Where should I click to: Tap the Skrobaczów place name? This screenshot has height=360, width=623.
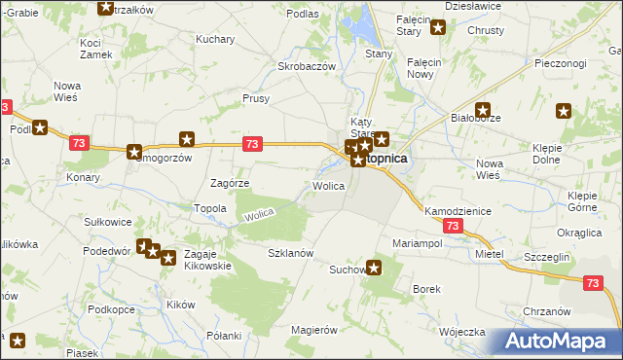pyautogui.click(x=307, y=66)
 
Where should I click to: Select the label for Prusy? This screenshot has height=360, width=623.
pyautogui.click(x=255, y=98)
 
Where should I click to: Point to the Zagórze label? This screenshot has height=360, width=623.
pyautogui.click(x=231, y=183)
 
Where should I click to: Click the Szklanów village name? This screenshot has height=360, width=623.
pyautogui.click(x=290, y=253)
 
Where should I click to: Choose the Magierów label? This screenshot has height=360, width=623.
pyautogui.click(x=313, y=330)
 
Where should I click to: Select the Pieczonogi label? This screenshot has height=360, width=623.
pyautogui.click(x=560, y=63)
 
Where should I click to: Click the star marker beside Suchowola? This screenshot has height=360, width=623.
pyautogui.click(x=374, y=270)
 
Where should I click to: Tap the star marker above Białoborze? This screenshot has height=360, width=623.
pyautogui.click(x=482, y=111)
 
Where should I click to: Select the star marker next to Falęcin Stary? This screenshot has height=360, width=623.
pyautogui.click(x=438, y=27)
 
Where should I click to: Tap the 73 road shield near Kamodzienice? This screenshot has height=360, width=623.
pyautogui.click(x=451, y=225)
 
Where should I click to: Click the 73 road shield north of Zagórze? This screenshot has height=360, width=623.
pyautogui.click(x=252, y=144)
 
